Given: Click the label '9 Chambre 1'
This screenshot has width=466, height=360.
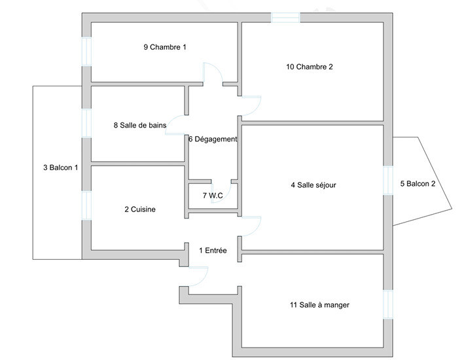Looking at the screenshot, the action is (x=165, y=47).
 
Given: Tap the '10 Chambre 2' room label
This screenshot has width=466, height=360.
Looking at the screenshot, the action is (x=310, y=67).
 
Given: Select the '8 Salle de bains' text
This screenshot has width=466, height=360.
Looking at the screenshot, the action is (x=140, y=125).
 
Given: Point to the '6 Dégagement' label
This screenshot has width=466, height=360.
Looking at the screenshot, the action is (x=213, y=139).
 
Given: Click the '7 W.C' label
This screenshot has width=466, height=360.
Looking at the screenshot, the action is (x=213, y=195).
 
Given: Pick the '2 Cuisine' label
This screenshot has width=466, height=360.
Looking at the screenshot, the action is (x=140, y=209).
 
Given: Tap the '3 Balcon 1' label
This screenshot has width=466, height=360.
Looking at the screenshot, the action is (x=61, y=168).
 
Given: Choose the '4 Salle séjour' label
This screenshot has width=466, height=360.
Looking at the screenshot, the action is (x=314, y=185).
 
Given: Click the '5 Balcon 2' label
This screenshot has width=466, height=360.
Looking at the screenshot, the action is (x=418, y=184).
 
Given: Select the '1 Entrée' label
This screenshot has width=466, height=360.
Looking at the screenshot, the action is (x=213, y=250).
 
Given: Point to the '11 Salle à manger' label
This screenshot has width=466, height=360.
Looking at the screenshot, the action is (x=319, y=305).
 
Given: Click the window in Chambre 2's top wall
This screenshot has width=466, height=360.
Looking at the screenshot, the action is (x=285, y=18).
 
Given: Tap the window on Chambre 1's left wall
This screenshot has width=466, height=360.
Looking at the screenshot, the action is (x=86, y=52).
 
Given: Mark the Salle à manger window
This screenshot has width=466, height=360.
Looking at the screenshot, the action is (x=388, y=304).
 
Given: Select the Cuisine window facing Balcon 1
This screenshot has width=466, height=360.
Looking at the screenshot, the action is (x=86, y=206).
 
